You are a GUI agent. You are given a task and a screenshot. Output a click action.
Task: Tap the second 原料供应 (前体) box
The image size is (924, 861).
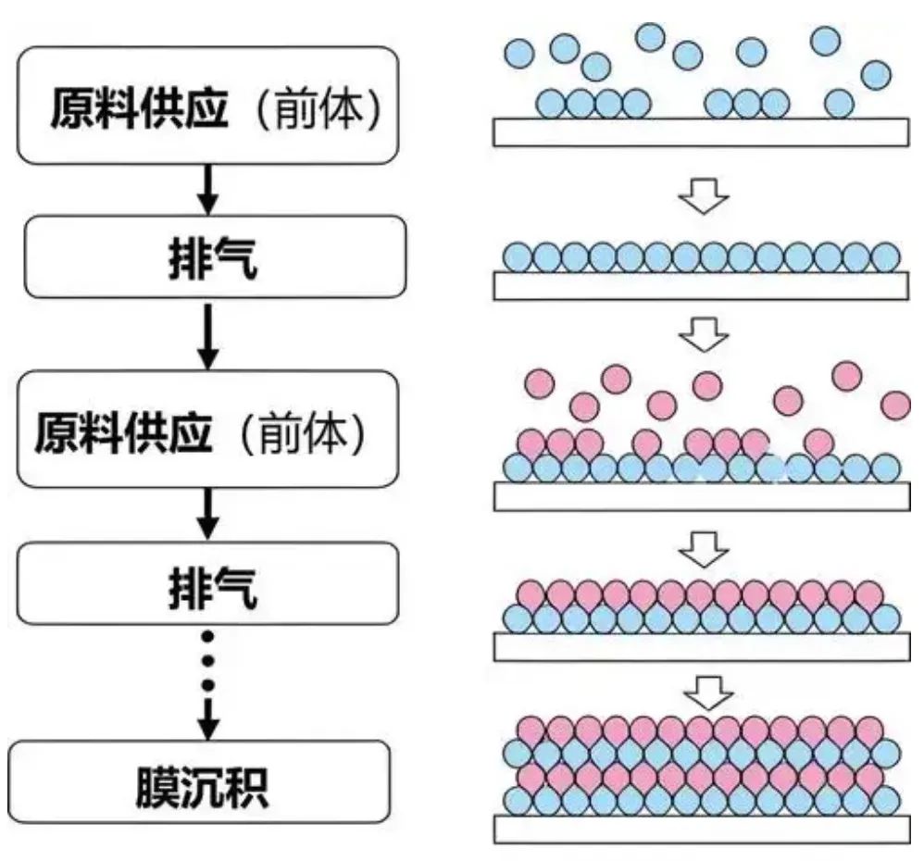(x=208, y=432)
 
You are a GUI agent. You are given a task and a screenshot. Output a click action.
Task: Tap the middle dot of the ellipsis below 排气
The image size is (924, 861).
(x=208, y=660)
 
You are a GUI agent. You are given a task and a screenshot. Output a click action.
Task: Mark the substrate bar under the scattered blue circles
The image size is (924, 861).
(x=700, y=131)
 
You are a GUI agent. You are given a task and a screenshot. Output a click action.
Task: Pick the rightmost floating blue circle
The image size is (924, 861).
(x=875, y=73)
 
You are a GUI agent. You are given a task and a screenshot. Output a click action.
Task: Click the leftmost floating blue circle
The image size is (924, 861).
(x=519, y=54)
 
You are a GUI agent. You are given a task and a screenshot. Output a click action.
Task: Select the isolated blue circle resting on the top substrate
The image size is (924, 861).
(x=839, y=103)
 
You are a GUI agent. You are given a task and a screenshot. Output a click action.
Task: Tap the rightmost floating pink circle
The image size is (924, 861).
(x=895, y=405)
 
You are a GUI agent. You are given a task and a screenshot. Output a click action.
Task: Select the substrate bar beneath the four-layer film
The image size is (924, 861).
(x=700, y=829)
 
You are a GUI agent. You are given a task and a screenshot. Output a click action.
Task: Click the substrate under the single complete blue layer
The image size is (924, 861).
(x=700, y=286)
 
